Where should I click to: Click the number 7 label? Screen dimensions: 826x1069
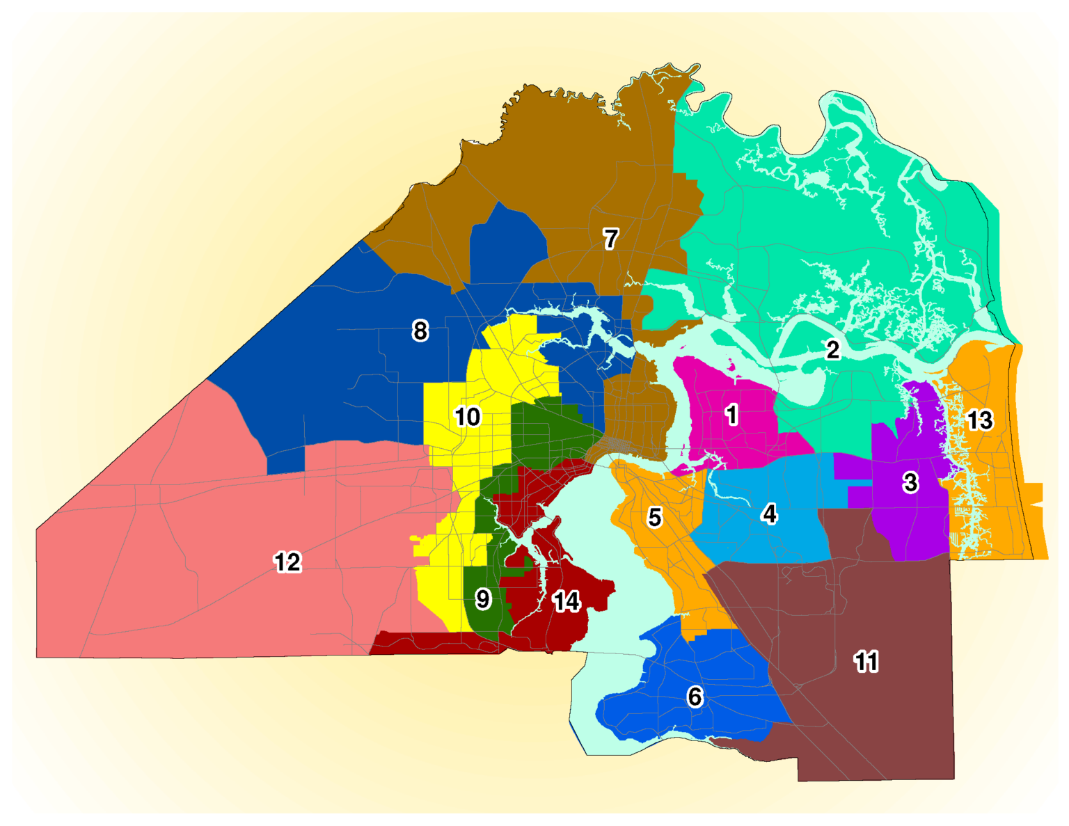click(610, 239)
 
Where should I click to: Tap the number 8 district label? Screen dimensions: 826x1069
click(420, 331)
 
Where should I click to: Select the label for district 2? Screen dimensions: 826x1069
click(832, 349)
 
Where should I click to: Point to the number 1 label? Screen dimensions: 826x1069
click(731, 415)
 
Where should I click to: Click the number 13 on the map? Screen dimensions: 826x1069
click(980, 420)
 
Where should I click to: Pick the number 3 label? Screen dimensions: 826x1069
click(910, 482)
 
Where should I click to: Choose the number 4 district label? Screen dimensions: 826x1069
click(769, 514)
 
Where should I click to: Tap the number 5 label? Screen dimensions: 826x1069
click(654, 518)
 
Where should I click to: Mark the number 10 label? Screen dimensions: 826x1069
click(467, 417)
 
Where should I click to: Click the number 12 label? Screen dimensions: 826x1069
click(287, 562)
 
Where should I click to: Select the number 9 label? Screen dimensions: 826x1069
click(483, 599)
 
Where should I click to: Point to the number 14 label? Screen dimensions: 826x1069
click(567, 602)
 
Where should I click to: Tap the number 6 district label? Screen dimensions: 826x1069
click(695, 697)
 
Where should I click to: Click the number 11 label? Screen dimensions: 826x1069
click(866, 662)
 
